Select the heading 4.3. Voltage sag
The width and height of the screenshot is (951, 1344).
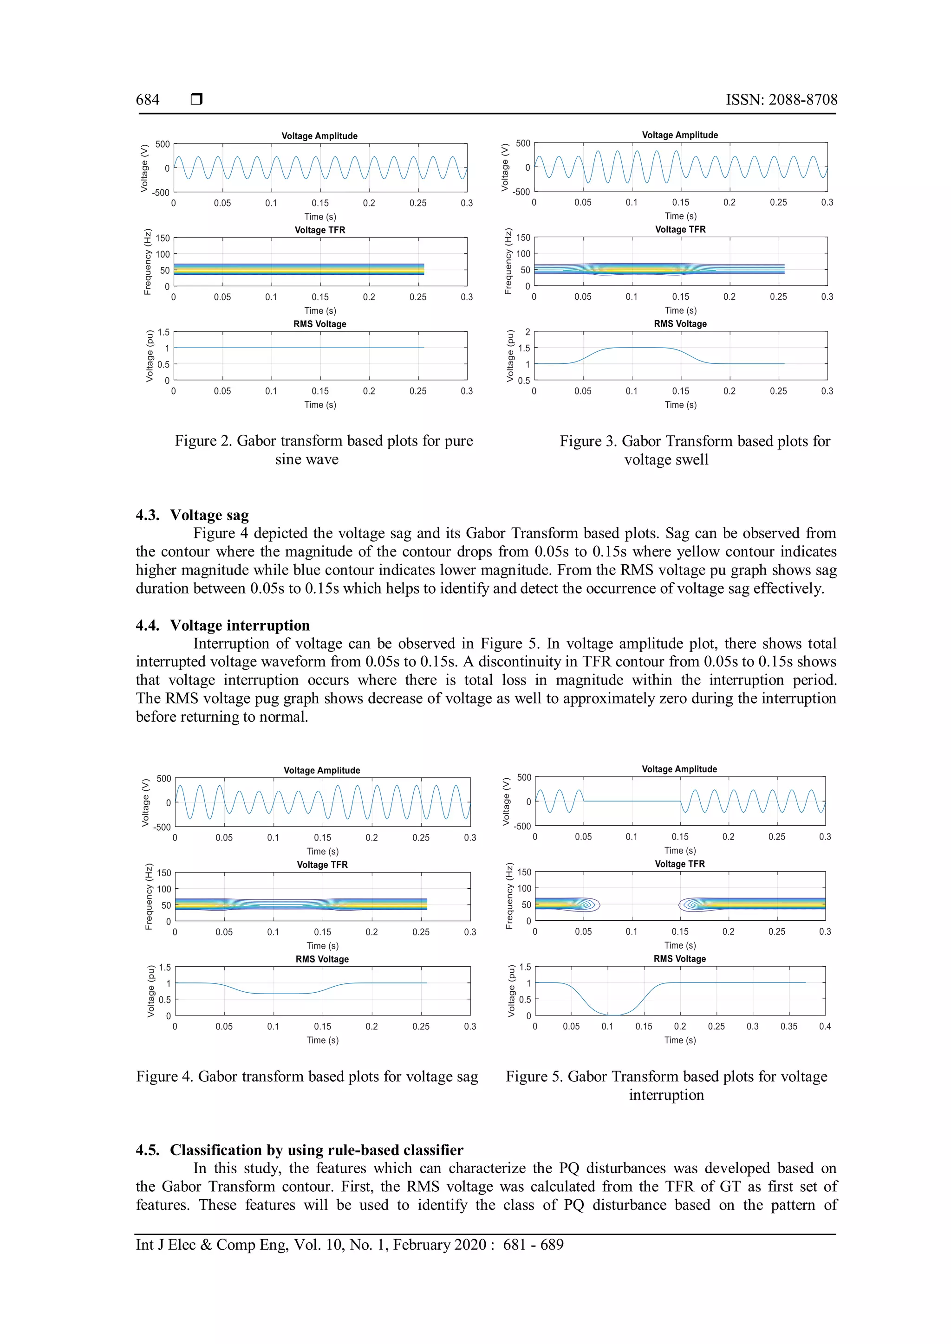192,515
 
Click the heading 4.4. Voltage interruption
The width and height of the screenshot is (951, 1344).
222,625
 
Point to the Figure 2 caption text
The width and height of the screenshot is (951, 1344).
323,450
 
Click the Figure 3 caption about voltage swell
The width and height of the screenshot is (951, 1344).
695,450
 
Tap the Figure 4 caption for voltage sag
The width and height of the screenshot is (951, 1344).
307,1077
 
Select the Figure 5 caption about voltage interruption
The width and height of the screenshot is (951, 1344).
666,1085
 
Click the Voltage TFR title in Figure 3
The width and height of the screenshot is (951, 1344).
680,229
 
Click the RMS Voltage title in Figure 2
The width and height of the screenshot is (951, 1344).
320,324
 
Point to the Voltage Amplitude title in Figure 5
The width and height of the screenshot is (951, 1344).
679,769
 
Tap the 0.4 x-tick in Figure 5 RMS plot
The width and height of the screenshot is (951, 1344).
825,1026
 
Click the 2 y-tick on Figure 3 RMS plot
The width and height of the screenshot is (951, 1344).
527,332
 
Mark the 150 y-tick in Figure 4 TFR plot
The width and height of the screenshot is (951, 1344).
164,873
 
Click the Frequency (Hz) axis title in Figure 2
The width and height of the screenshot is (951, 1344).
148,262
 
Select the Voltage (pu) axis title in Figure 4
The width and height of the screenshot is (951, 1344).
150,991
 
